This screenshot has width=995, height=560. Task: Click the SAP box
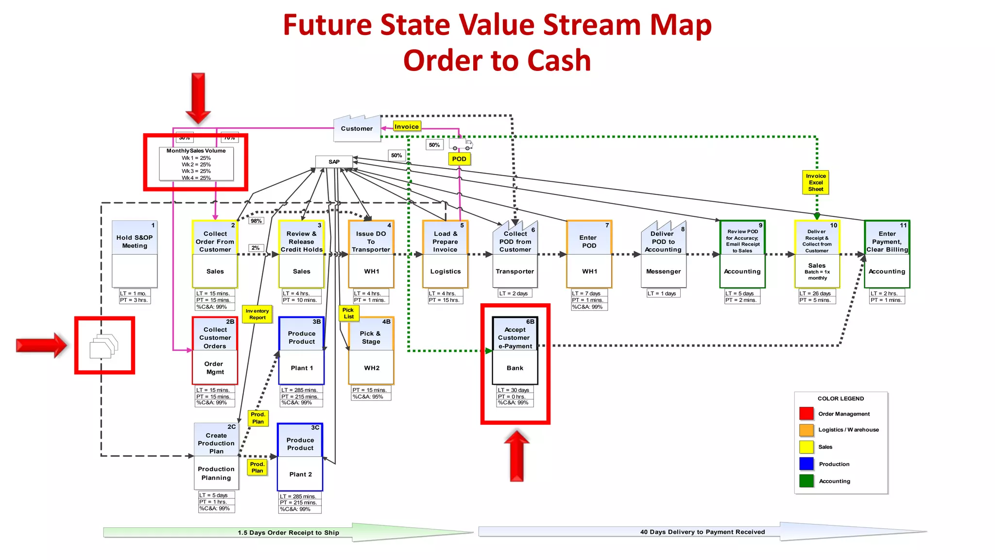point(334,162)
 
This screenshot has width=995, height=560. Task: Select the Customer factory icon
point(357,128)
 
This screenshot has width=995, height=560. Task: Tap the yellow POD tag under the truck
point(459,159)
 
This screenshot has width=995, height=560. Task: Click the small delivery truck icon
point(460,145)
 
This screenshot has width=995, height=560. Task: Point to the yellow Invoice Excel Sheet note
point(816,182)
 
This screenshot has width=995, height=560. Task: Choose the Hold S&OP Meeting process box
point(135,254)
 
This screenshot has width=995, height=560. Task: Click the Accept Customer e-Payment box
point(515,350)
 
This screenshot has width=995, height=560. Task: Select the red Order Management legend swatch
point(806,414)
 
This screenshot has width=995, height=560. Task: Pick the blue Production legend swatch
point(806,464)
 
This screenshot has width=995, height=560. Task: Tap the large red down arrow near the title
point(198,97)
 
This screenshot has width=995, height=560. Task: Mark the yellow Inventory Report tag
point(257,314)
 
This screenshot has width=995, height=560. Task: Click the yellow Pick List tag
point(348,313)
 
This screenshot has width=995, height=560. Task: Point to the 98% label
point(256,221)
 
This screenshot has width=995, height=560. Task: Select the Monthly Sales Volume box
point(196,164)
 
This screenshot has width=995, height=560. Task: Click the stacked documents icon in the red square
point(103,346)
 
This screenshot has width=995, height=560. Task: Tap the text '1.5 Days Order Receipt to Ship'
point(289,533)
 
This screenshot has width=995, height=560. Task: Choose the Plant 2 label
point(300,474)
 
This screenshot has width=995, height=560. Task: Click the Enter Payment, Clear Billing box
point(887,254)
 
